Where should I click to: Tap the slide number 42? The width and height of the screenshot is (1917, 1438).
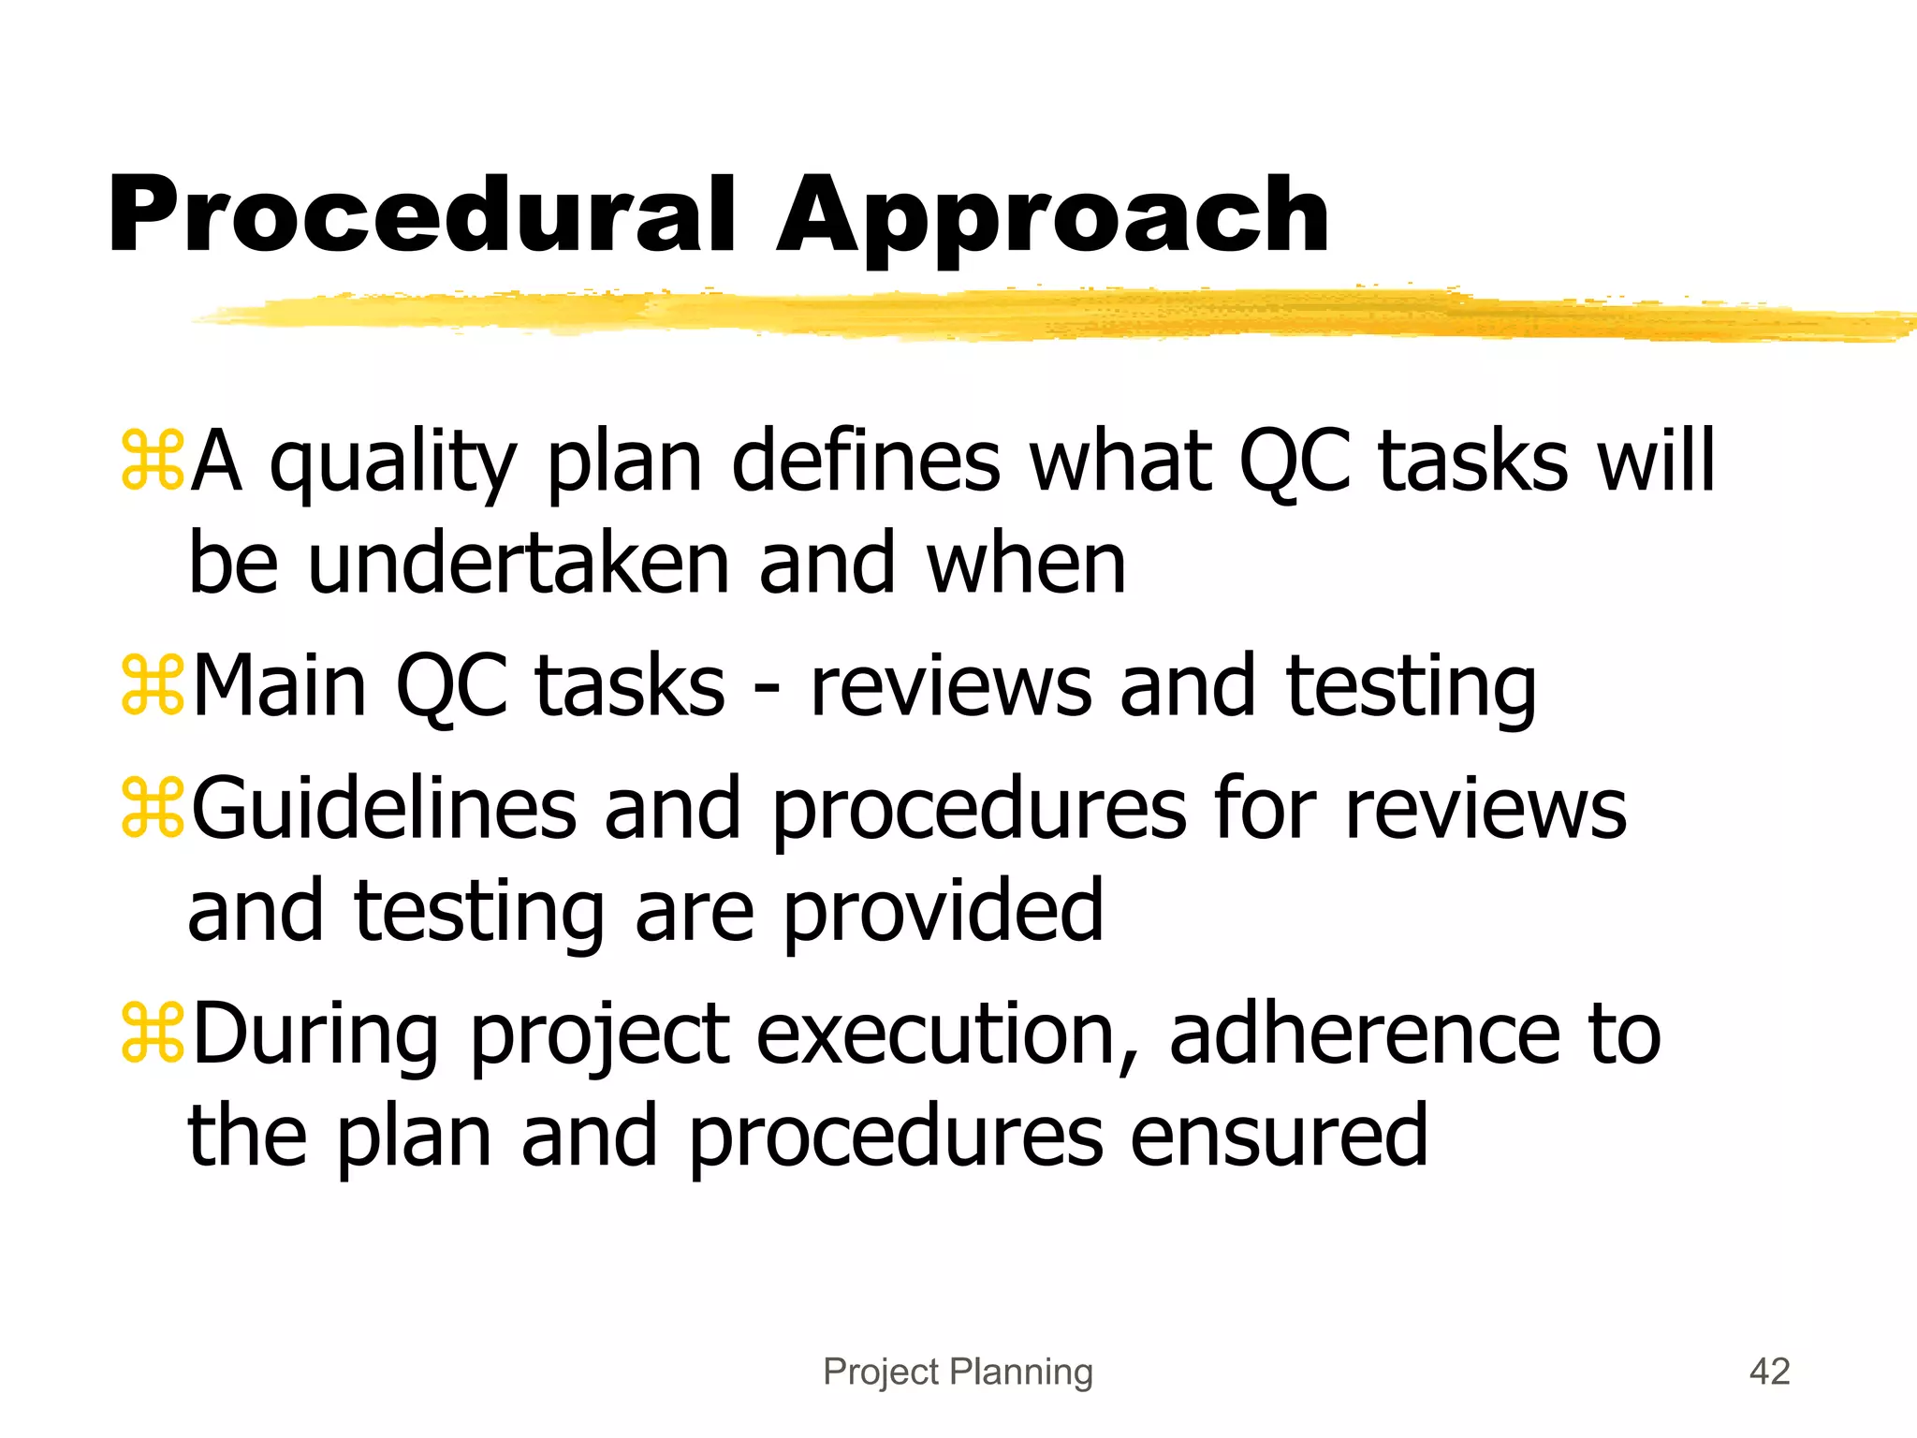1769,1372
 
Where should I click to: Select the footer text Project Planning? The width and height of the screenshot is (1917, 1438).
958,1372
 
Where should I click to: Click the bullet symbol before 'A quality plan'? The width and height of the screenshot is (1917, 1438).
152,461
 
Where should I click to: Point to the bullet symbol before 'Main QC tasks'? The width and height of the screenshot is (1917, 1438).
152,686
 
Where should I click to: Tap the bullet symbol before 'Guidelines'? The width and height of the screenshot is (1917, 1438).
152,808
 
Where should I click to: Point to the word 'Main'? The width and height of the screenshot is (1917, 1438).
279,686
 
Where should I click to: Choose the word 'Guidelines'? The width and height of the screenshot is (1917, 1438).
384,808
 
